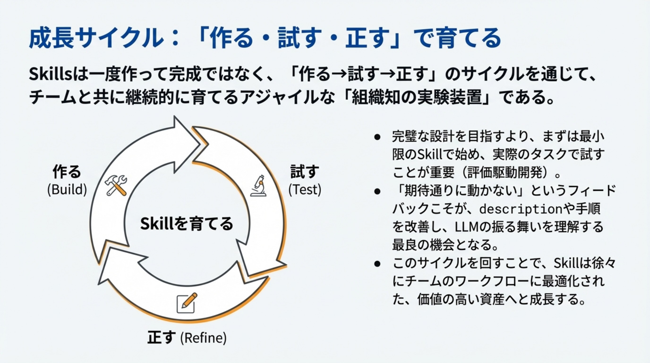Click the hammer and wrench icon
point(115,185)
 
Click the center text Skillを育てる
point(186,224)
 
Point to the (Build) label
point(67,190)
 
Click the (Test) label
point(305,190)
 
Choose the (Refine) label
point(203,338)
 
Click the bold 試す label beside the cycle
point(305,172)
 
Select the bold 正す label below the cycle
point(162,337)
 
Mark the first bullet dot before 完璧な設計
point(377,137)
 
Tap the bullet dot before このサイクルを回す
point(377,264)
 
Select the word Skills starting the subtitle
point(51,75)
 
